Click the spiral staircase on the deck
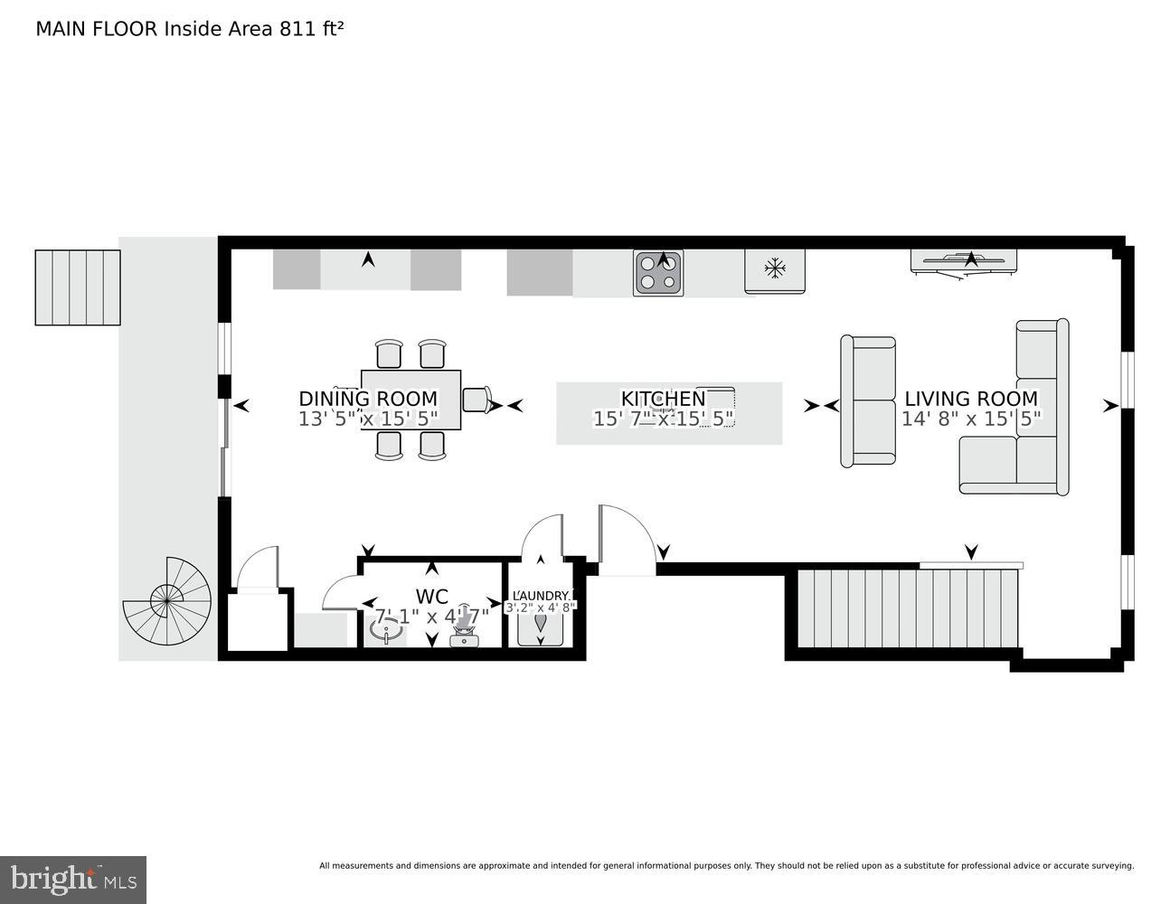[167, 600]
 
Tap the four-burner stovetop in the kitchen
[657, 272]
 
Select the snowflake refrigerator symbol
[774, 268]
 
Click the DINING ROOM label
[368, 399]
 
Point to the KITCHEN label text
[663, 399]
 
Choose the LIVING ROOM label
[971, 399]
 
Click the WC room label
[432, 597]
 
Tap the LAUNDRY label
[541, 595]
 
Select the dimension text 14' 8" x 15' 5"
[971, 419]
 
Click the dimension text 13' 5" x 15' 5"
[368, 419]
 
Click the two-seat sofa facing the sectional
[868, 401]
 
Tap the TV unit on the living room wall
[964, 262]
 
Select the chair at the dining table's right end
[476, 400]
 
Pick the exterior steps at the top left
[78, 287]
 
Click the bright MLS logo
[73, 879]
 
